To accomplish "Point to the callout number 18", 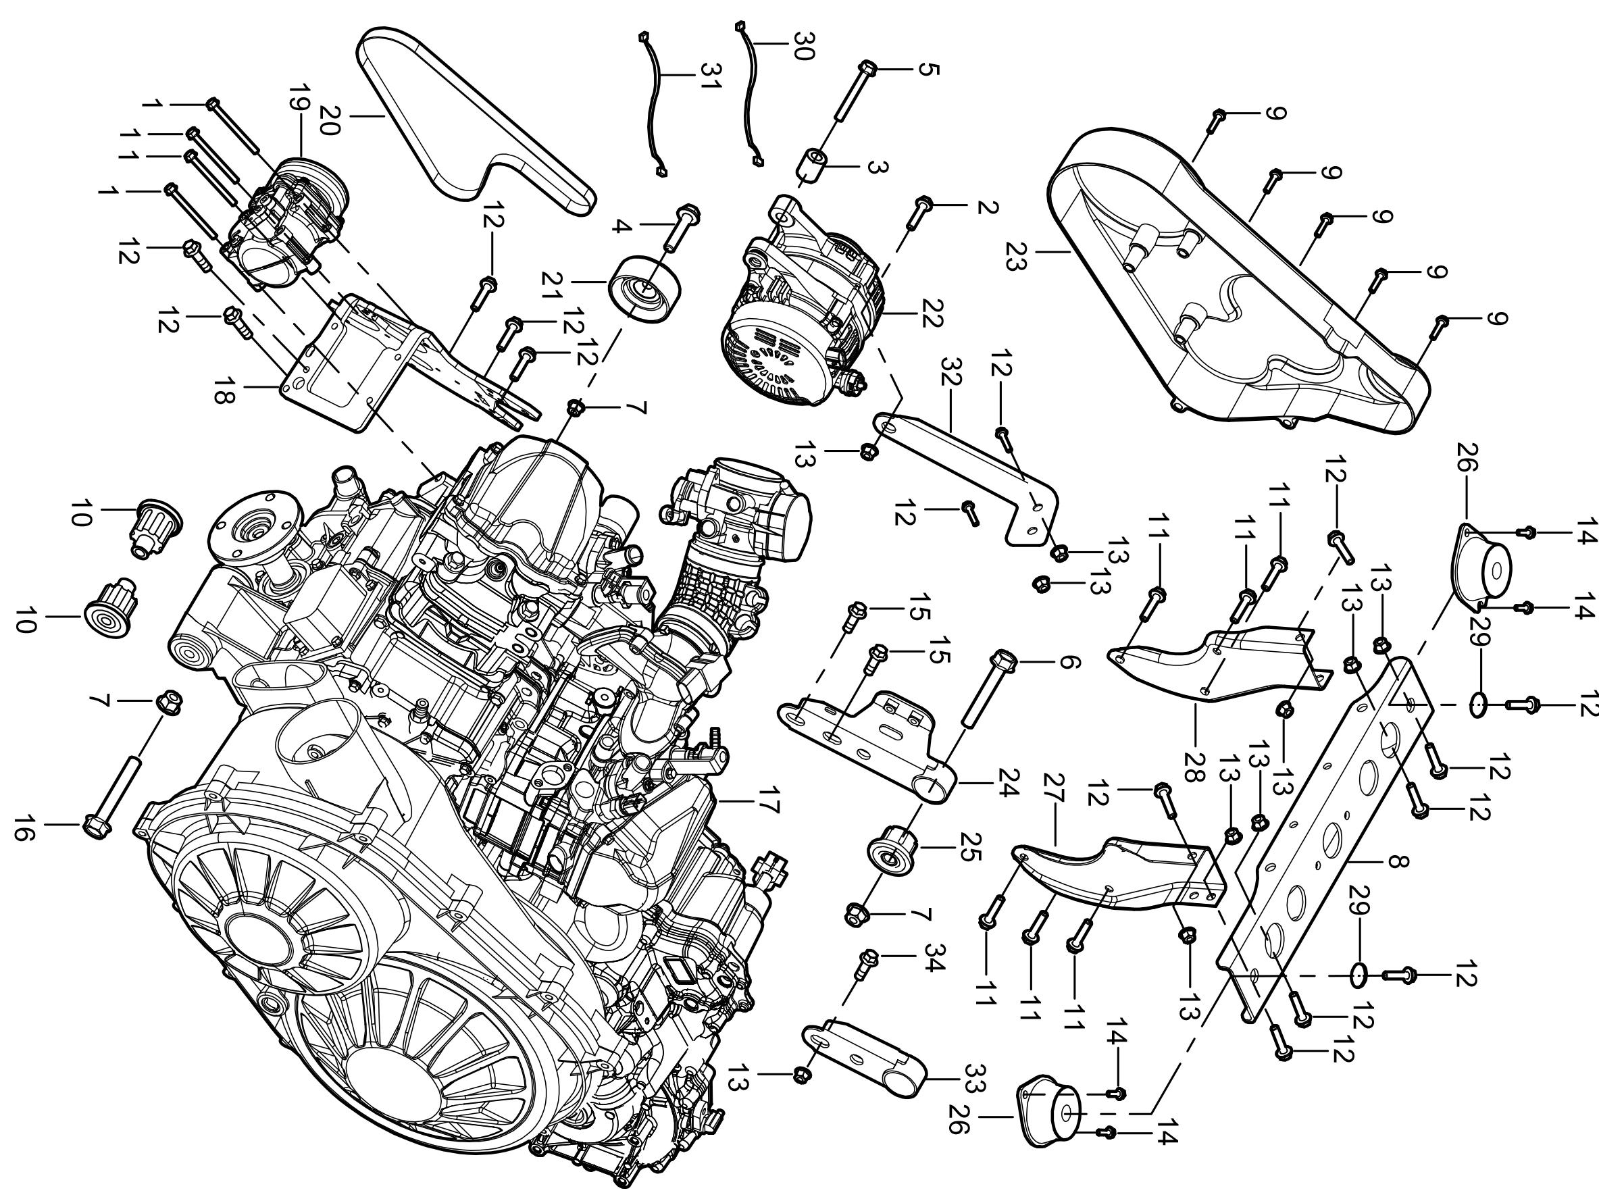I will click(223, 391).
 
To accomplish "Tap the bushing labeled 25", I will click(893, 851).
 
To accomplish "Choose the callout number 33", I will click(976, 1079).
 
